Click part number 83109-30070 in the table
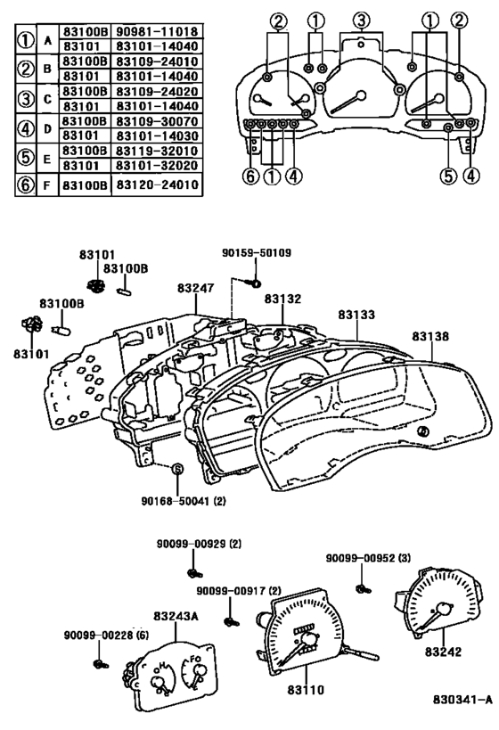click(157, 121)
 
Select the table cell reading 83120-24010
click(157, 185)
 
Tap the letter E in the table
click(47, 159)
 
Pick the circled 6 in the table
click(26, 185)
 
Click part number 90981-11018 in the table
click(157, 32)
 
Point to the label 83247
click(195, 288)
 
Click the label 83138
click(430, 336)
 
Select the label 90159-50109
click(257, 253)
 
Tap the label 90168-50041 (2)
click(184, 502)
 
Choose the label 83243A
click(176, 617)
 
